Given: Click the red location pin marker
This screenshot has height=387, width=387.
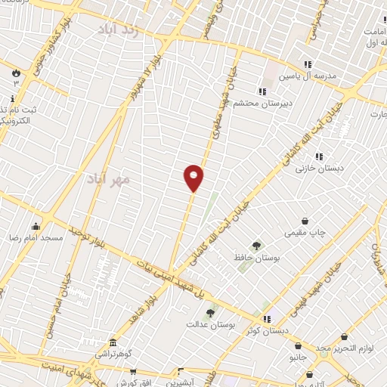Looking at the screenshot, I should tap(194, 177).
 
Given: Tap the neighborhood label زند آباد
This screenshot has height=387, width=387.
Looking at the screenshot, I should tap(119, 29).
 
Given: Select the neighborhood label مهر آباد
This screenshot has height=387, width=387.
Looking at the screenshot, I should tap(109, 179).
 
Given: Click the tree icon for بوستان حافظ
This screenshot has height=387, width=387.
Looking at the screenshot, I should tap(256, 246).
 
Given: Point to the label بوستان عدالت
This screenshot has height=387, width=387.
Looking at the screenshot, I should tap(212, 324).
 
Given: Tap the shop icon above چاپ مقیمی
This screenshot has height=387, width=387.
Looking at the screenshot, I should tap(305, 221).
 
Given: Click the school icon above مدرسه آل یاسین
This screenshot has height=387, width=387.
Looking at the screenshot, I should tap(307, 64).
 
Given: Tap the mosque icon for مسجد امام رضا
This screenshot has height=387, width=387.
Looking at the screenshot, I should tap(36, 225).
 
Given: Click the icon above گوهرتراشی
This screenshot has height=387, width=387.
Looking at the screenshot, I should tap(113, 342).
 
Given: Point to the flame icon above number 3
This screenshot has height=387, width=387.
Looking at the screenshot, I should tap(16, 73).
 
